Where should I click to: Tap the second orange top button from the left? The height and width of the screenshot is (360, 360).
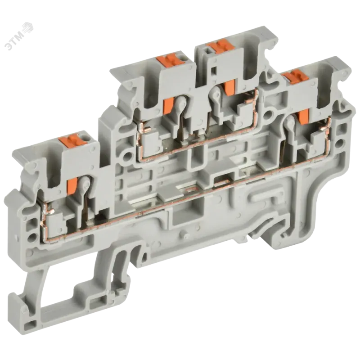coord(168,60)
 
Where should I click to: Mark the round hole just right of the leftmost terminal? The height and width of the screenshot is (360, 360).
coord(126,156)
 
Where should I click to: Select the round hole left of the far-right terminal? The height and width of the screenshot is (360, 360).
coord(268,114)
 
